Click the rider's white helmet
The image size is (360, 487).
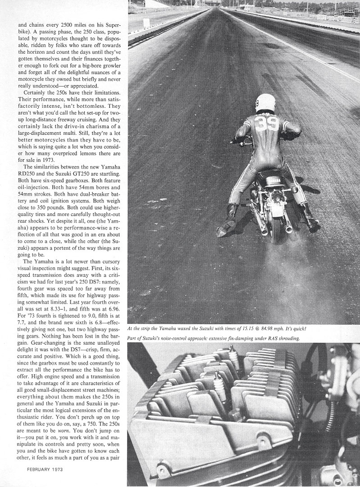(x=265, y=103)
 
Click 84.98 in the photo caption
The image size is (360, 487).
(x=279, y=328)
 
